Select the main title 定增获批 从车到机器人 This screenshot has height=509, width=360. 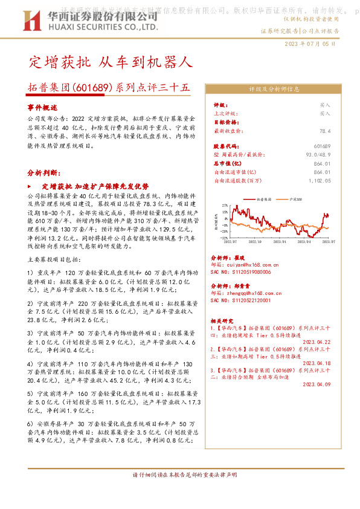[111, 62]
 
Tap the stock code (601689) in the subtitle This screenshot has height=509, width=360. [94, 87]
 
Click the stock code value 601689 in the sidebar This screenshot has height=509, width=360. [323, 147]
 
